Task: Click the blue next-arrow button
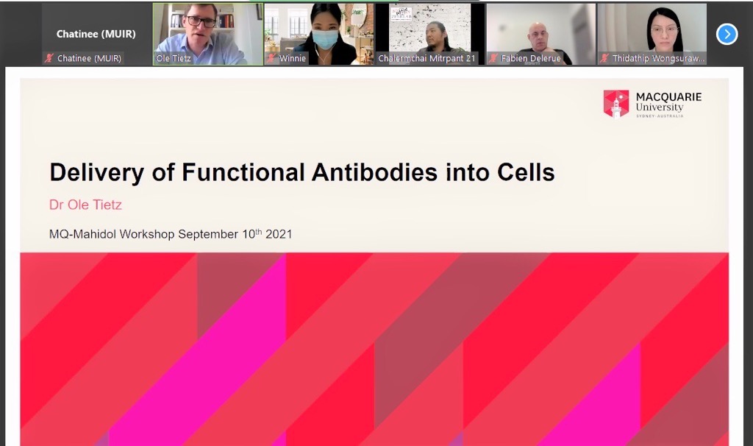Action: pyautogui.click(x=727, y=34)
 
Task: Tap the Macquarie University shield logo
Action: pyautogui.click(x=616, y=104)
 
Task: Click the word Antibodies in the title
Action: pyautogui.click(x=374, y=172)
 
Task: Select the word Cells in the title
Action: pyautogui.click(x=526, y=172)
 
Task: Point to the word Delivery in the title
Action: pyautogui.click(x=96, y=173)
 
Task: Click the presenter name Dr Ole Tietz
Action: pyautogui.click(x=85, y=205)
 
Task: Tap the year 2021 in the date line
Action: pyautogui.click(x=279, y=234)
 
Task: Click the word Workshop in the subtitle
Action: pyautogui.click(x=146, y=234)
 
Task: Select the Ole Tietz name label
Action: pyautogui.click(x=173, y=58)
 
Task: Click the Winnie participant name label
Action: pyautogui.click(x=293, y=58)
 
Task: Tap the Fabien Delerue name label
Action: pyautogui.click(x=531, y=58)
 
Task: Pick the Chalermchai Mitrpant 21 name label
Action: pyautogui.click(x=427, y=58)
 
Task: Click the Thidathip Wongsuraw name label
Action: pyautogui.click(x=658, y=58)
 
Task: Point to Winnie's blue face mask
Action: pyautogui.click(x=324, y=39)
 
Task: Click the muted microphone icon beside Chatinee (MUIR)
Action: pyautogui.click(x=49, y=58)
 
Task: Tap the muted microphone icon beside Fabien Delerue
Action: pyautogui.click(x=493, y=58)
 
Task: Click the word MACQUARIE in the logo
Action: pyautogui.click(x=668, y=96)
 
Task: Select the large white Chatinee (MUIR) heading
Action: pyautogui.click(x=96, y=34)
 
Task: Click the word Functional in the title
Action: pyautogui.click(x=243, y=172)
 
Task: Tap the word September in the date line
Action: pyautogui.click(x=208, y=235)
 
